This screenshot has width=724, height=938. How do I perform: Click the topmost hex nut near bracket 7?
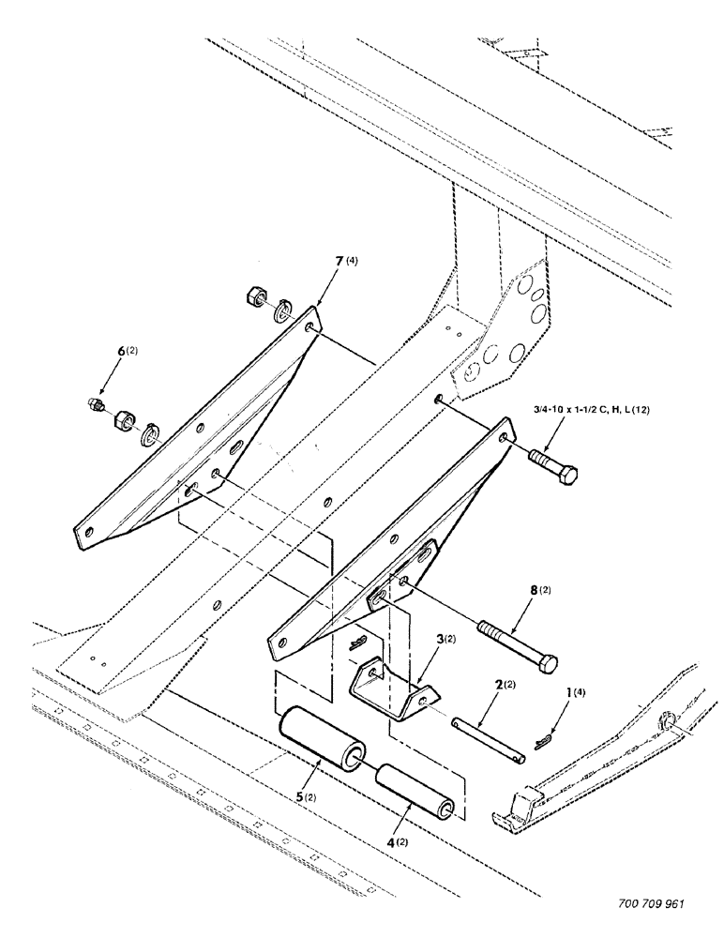click(253, 296)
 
